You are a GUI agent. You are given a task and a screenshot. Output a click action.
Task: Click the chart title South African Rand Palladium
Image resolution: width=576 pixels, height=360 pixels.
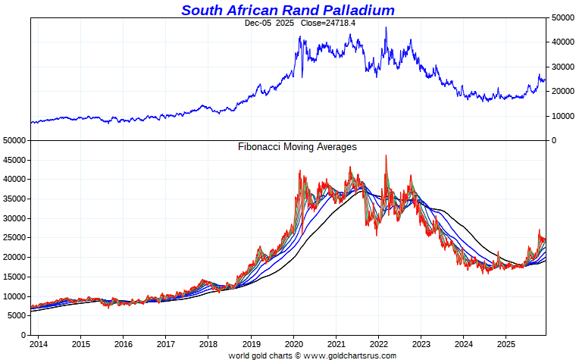(x=288, y=10)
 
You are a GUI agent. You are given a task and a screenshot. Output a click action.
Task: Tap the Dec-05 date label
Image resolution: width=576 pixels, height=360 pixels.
(x=258, y=23)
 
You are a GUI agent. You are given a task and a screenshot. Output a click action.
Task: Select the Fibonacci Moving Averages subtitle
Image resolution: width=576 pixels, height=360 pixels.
(x=297, y=146)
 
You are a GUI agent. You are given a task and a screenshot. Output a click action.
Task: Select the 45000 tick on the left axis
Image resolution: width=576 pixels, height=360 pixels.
(x=14, y=160)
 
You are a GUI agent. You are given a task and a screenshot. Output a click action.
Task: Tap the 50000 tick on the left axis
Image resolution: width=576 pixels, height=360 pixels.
(x=14, y=141)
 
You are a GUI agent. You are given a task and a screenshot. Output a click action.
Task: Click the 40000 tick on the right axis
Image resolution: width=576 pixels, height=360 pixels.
(x=561, y=42)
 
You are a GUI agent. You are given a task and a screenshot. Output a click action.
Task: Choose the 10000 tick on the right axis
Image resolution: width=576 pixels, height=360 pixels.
(x=561, y=116)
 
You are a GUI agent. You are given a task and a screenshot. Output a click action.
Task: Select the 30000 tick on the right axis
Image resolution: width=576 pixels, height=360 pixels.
(x=561, y=67)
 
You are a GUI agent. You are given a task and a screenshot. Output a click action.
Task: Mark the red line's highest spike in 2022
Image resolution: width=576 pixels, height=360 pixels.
(x=387, y=155)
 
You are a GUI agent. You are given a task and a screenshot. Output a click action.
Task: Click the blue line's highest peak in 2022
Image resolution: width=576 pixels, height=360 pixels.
(x=387, y=27)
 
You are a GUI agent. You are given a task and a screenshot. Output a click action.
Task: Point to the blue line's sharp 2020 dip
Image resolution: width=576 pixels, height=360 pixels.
(x=302, y=77)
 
